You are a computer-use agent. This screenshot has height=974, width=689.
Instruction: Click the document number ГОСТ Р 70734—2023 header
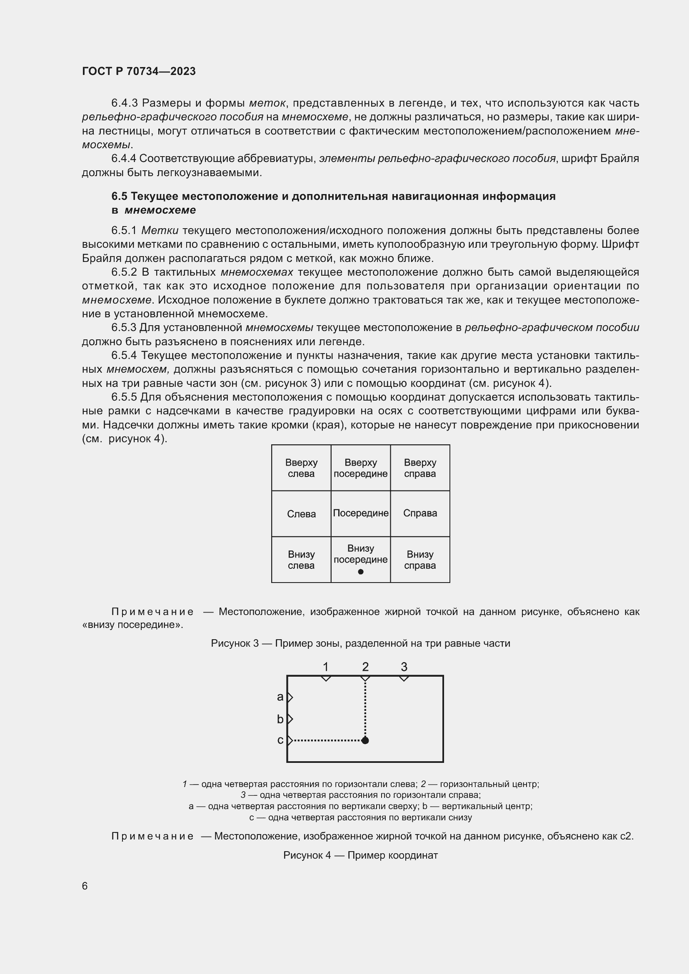click(x=139, y=71)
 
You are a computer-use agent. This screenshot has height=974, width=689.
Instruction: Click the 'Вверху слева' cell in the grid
click(x=301, y=468)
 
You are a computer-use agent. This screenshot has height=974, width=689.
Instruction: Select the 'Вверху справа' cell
click(x=419, y=468)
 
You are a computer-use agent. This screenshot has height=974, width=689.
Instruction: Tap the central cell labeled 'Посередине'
click(x=361, y=513)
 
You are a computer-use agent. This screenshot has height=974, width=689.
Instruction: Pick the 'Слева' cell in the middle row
click(x=301, y=514)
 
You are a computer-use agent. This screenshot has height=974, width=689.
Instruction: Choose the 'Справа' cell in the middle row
click(x=420, y=513)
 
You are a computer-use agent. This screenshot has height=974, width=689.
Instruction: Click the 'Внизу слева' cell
click(x=301, y=560)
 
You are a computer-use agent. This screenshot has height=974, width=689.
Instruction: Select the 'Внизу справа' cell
click(x=420, y=560)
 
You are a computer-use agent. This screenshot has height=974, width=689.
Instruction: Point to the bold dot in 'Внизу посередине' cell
click(x=361, y=572)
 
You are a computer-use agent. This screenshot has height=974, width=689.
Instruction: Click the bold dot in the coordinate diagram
click(x=365, y=741)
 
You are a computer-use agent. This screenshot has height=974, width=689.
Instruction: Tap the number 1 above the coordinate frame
click(x=325, y=667)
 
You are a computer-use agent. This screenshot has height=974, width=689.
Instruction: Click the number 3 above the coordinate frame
click(x=404, y=667)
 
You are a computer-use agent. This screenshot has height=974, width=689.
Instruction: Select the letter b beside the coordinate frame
click(x=280, y=719)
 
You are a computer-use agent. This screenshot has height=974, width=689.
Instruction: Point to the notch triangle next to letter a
click(x=290, y=697)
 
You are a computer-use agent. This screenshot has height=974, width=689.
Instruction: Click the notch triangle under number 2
click(x=365, y=679)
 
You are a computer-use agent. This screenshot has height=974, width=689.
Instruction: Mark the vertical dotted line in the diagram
click(x=365, y=708)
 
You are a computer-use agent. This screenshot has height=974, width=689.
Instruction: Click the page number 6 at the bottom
click(x=85, y=886)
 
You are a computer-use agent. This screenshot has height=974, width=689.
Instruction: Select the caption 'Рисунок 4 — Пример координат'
click(x=360, y=855)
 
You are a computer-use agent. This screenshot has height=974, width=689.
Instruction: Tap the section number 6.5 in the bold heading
click(x=119, y=196)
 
